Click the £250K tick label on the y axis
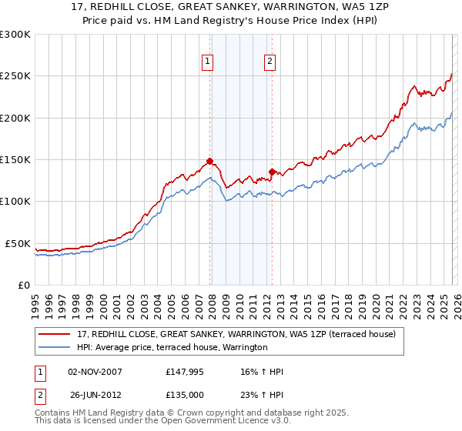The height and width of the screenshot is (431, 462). tap(15, 76)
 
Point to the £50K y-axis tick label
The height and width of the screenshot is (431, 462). tap(17, 243)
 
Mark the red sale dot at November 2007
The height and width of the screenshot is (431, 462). tap(209, 162)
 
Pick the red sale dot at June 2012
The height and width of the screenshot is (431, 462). tap(272, 172)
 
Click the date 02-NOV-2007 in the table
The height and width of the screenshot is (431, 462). tap(95, 373)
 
